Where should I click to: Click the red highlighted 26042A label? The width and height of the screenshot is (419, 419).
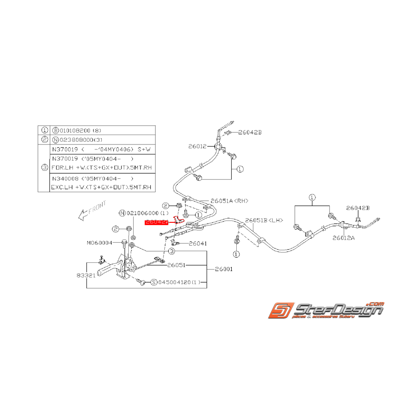[156, 222]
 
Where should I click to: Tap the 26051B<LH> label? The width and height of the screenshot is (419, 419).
[264, 221]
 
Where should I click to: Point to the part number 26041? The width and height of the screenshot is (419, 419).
[198, 243]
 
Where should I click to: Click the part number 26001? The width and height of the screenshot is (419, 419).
[224, 269]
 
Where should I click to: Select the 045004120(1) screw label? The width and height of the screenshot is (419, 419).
[178, 282]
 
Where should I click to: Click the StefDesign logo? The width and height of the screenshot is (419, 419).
[326, 311]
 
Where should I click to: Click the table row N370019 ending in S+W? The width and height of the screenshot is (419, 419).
[102, 149]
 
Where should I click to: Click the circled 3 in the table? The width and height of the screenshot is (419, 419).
[44, 168]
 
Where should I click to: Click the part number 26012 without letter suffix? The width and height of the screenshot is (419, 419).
[197, 146]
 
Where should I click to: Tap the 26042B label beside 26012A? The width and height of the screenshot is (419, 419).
[358, 208]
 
